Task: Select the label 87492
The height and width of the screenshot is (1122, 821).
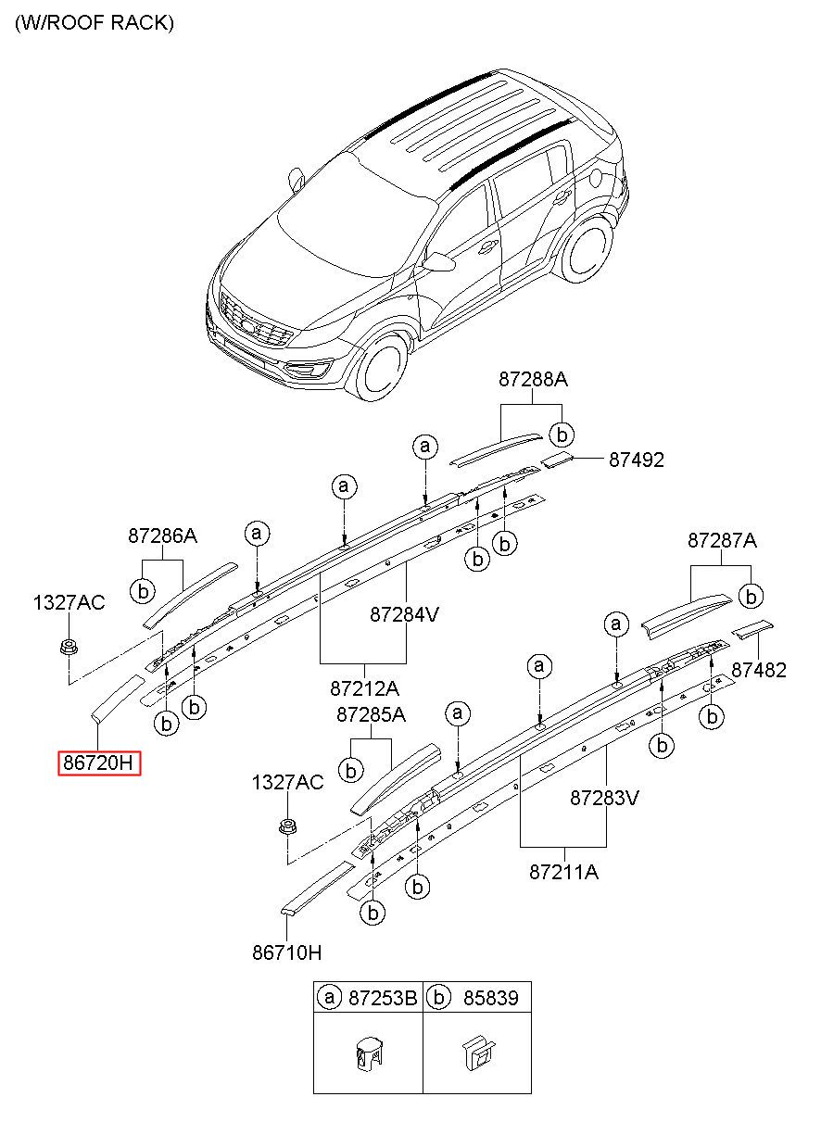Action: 636,460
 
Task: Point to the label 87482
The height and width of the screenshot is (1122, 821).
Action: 758,670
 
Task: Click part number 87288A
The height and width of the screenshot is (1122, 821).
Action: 533,379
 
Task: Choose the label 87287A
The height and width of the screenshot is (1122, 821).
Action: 722,540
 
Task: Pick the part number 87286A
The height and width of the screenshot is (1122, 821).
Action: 162,536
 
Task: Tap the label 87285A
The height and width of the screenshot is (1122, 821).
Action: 371,715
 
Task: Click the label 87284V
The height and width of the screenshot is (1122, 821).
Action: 405,613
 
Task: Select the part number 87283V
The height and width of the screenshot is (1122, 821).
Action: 605,797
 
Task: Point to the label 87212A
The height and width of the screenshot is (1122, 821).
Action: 363,688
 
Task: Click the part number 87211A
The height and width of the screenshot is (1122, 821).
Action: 563,871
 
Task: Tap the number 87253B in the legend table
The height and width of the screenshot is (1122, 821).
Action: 383,998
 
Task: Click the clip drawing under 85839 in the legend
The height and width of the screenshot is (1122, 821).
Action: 477,1055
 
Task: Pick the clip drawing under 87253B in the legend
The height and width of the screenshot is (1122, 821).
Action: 367,1055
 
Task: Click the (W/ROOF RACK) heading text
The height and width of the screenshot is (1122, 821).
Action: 94,23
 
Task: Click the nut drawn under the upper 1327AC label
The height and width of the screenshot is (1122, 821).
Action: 68,646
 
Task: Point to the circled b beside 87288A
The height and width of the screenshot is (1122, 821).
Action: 561,434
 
